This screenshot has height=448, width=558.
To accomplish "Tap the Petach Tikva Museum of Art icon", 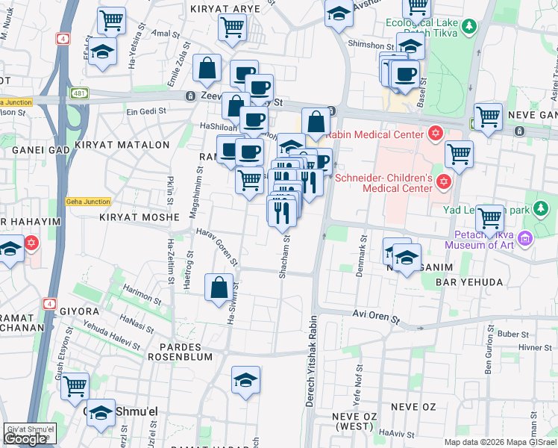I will coord(525,238).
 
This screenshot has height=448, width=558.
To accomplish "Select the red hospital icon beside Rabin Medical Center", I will coord(436,134).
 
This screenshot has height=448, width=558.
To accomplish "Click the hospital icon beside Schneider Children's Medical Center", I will coord(445,182).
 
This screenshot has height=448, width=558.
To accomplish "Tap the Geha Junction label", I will coord(88,202).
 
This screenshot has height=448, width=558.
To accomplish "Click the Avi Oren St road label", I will coord(377,316).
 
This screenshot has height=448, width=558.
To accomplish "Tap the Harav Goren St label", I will coord(217,247).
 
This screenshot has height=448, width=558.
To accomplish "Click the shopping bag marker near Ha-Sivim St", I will coord(219,288).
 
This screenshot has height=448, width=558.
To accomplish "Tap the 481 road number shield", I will coord(80,93).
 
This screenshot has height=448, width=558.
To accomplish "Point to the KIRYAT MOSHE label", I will coord(139,217).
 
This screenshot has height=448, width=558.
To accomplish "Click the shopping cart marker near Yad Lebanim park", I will coord(489,219).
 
